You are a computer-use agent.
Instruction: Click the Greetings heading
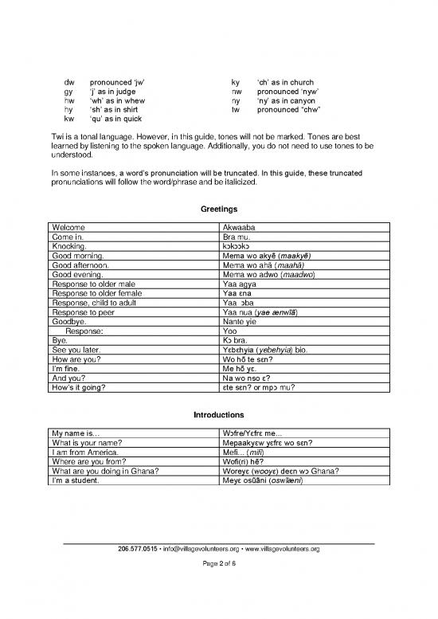point(218,210)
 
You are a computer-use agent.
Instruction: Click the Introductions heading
point(218,415)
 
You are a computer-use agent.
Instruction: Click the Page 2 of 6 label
point(218,587)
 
